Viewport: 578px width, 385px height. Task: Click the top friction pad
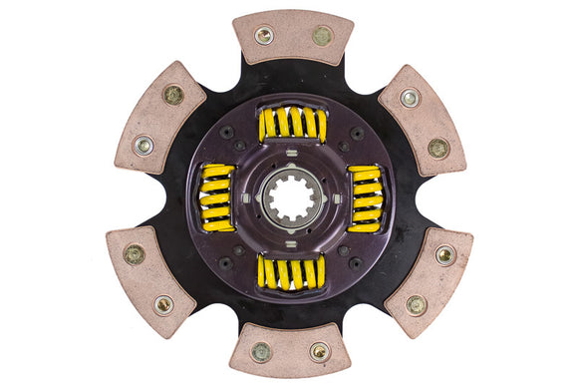tap(292, 37)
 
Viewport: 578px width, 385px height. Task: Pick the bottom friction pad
tap(289, 349)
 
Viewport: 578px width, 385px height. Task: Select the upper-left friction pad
tap(159, 118)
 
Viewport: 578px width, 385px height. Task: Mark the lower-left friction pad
tap(149, 277)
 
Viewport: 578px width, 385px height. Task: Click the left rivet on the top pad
tap(264, 35)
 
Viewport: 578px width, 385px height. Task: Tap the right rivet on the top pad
tap(322, 36)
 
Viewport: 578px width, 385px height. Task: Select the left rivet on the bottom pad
tap(261, 351)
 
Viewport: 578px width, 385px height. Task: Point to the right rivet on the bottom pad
tap(319, 351)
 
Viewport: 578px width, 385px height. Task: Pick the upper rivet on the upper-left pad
tap(173, 95)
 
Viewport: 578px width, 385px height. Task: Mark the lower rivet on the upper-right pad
tap(437, 148)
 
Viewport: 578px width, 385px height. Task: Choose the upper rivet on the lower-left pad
tap(134, 254)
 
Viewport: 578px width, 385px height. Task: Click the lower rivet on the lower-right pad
tap(416, 304)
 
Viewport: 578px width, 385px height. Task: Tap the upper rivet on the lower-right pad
tap(444, 255)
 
